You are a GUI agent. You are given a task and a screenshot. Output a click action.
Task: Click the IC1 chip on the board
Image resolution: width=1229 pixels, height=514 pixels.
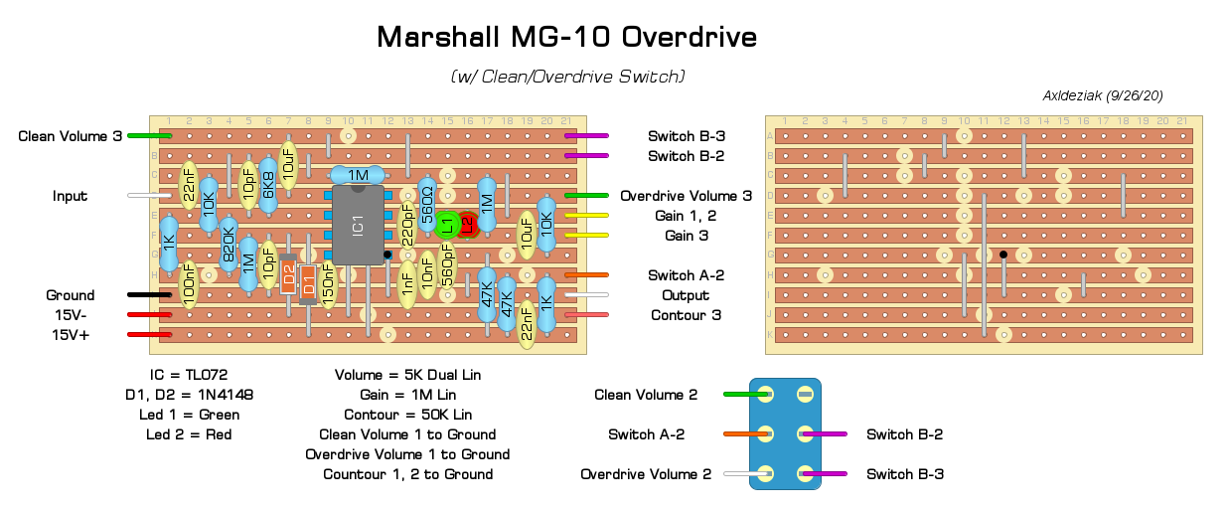(x=358, y=225)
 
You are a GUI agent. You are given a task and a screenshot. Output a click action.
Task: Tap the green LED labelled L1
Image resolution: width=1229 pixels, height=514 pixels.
(x=447, y=226)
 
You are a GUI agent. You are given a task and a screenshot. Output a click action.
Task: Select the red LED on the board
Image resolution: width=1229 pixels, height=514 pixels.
(x=467, y=226)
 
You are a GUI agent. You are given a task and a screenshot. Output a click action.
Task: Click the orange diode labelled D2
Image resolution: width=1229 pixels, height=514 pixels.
(x=288, y=274)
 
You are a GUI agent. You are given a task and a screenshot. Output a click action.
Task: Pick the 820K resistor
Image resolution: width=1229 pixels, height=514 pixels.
(x=229, y=245)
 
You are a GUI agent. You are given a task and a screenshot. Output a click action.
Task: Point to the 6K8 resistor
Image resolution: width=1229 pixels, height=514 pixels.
(x=268, y=184)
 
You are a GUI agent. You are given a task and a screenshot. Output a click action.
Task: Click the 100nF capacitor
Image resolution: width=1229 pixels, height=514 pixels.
(x=189, y=284)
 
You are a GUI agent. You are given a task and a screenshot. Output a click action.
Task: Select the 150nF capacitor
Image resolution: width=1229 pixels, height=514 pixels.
(x=328, y=283)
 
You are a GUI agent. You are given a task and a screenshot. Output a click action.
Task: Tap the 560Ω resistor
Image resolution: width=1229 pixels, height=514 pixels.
(x=427, y=206)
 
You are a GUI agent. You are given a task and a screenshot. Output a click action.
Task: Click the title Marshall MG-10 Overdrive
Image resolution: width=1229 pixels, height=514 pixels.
(x=566, y=38)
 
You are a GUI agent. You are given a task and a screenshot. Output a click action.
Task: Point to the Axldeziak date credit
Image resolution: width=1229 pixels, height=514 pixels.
(x=1103, y=95)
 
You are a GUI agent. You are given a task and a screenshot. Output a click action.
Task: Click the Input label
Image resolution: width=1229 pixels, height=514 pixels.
(x=71, y=196)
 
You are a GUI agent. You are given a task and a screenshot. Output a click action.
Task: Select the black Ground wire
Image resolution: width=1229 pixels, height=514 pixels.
(x=149, y=295)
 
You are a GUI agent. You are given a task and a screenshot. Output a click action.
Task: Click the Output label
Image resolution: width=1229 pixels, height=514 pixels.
(x=686, y=295)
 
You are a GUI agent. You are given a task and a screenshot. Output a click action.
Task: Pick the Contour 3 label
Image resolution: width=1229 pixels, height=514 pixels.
(x=687, y=315)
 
